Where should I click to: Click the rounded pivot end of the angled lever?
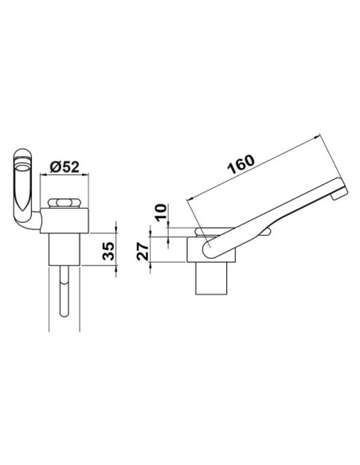click(210, 252)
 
